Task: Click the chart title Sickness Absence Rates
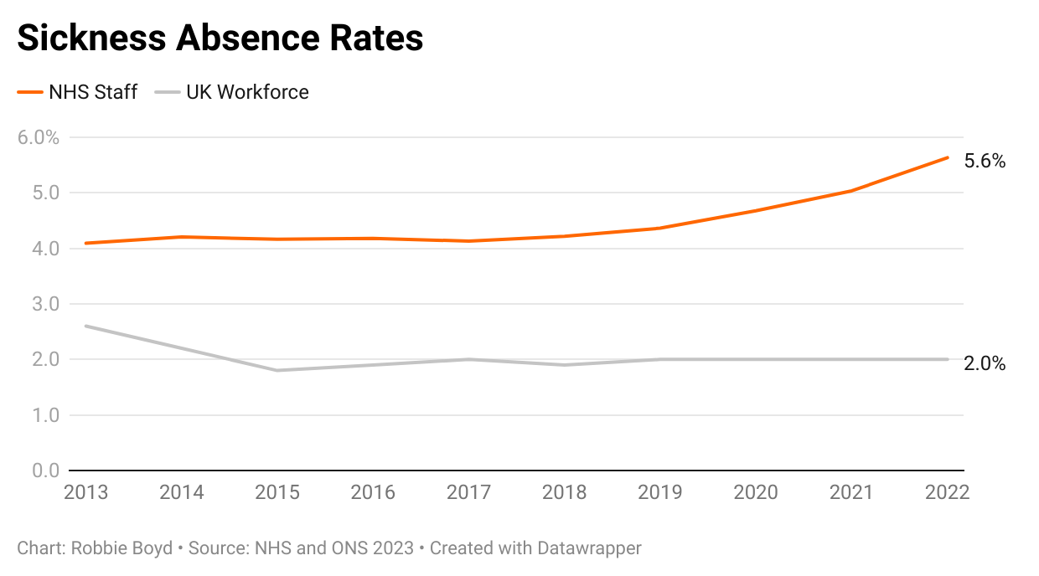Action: (220, 39)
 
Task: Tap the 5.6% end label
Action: (985, 162)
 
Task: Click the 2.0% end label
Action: (985, 363)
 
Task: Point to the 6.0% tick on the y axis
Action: (39, 137)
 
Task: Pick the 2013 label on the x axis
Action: (86, 492)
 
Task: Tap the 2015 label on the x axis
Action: (277, 492)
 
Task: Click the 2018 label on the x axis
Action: (565, 492)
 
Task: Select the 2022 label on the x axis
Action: (947, 492)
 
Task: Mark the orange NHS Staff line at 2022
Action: (948, 157)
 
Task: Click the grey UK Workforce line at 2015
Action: (277, 370)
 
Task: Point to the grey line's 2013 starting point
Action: (86, 326)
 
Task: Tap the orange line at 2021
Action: (851, 191)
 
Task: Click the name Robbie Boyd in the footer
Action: (121, 548)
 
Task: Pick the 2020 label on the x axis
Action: (756, 492)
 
